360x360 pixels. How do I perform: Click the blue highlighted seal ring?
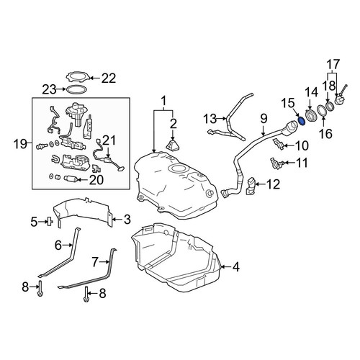[x=302, y=121]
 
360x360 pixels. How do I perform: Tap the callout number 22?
[x=109, y=78]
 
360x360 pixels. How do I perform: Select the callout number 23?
[x=49, y=90]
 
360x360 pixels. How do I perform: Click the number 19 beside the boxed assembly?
[x=20, y=144]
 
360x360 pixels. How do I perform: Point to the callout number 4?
[x=236, y=266]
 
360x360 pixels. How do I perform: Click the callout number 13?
[x=210, y=119]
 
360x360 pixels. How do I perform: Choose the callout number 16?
[x=326, y=133]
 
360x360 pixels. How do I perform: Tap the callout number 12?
[x=273, y=184]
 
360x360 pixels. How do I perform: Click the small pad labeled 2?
[x=174, y=146]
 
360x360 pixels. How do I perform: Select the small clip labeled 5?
[x=50, y=221]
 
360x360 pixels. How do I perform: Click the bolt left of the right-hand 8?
[x=86, y=294]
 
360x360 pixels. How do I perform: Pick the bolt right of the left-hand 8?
[x=40, y=288]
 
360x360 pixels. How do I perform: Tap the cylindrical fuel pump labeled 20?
[x=70, y=179]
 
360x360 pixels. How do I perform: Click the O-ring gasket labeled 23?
[x=76, y=90]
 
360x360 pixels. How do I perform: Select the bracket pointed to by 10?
[x=279, y=144]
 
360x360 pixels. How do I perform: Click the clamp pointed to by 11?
[x=276, y=163]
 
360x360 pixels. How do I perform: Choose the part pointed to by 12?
[x=251, y=185]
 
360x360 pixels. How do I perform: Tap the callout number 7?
[x=95, y=262]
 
